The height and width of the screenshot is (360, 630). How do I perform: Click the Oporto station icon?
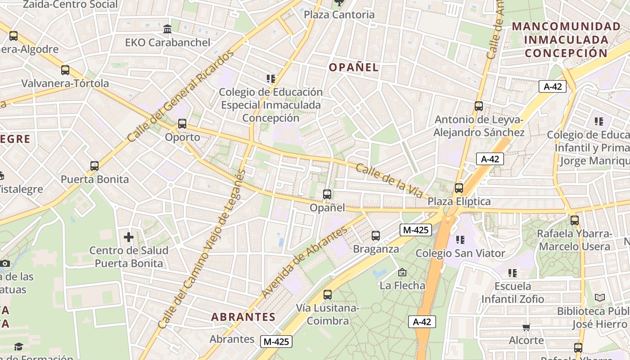click(182, 124)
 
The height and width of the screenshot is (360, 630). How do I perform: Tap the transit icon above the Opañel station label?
click(327, 194)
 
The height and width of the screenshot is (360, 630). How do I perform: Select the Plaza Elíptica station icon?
click(459, 188)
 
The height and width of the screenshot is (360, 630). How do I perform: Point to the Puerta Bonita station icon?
click(94, 166)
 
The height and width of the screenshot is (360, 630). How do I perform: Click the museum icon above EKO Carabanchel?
click(167, 29)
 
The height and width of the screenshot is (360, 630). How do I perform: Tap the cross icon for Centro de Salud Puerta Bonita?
click(129, 237)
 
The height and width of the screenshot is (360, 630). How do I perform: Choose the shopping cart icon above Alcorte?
click(526, 327)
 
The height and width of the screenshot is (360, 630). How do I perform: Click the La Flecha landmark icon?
click(402, 272)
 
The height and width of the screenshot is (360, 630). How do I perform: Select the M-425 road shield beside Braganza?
click(416, 230)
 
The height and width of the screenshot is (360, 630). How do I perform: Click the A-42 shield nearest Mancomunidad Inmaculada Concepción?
click(553, 86)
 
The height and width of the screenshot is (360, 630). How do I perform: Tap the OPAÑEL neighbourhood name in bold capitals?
click(354, 67)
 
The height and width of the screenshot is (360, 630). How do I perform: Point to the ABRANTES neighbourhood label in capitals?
click(243, 317)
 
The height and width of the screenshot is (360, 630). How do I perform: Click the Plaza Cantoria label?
click(339, 14)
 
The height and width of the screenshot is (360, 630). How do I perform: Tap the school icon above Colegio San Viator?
click(460, 239)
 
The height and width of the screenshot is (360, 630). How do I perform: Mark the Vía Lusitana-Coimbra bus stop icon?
click(328, 295)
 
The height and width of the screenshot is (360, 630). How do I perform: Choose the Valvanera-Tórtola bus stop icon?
click(65, 70)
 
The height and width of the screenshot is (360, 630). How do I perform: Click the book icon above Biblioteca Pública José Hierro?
click(600, 297)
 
